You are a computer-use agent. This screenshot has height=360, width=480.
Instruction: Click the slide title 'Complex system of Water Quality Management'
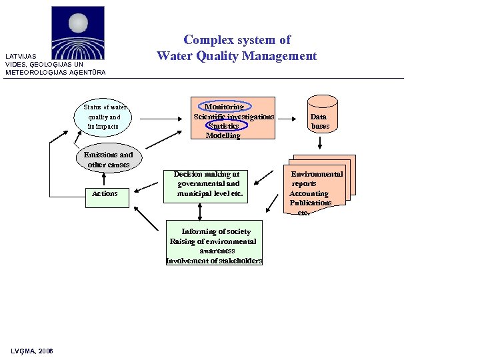(x=237, y=48)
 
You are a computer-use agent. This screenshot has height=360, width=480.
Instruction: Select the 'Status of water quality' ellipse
(x=105, y=117)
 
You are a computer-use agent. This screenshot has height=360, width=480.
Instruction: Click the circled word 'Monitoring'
(x=224, y=107)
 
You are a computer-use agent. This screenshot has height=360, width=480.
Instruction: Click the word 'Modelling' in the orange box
(x=223, y=135)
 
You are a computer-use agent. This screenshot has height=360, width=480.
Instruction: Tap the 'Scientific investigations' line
(x=233, y=117)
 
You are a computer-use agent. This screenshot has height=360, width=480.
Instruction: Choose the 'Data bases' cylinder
(x=319, y=117)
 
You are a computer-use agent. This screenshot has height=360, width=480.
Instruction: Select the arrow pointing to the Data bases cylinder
(x=288, y=119)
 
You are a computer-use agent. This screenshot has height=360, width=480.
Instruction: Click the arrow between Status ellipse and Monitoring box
(x=159, y=119)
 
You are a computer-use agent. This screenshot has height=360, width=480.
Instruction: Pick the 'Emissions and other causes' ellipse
(x=108, y=160)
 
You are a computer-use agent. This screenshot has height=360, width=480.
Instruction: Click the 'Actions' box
(x=105, y=193)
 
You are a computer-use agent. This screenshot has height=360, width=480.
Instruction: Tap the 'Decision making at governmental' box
(x=207, y=185)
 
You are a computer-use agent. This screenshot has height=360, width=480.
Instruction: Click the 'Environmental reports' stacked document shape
(x=317, y=187)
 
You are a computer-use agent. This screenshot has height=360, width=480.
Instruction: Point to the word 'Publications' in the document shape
(x=310, y=203)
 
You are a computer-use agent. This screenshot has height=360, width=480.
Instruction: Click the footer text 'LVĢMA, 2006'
(x=32, y=351)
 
